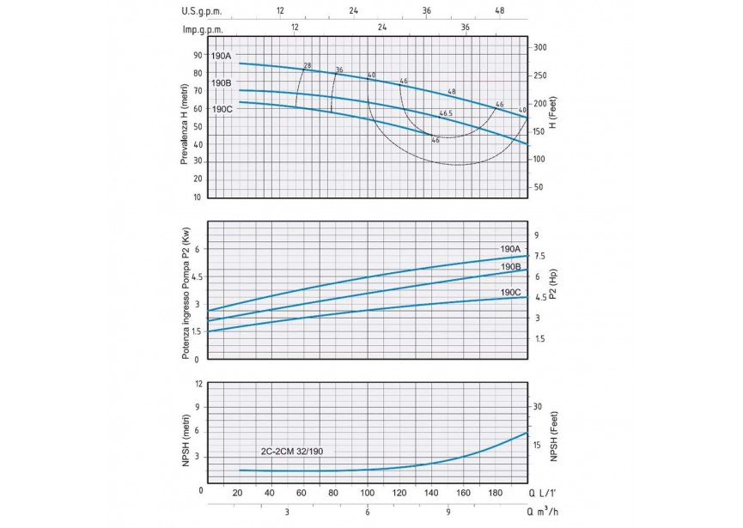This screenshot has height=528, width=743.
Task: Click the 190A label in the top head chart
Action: coord(221,57)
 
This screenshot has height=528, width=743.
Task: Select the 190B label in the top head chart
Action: coord(221,83)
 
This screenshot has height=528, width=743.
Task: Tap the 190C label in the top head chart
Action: coord(221,109)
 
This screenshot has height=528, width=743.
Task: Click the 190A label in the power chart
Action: coord(511,248)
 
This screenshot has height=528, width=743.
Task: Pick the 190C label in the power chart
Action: coord(511,292)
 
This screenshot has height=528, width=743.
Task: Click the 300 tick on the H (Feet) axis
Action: coord(540,47)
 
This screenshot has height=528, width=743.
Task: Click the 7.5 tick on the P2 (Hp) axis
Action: coord(541,256)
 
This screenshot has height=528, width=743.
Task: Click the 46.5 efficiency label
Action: coord(445,113)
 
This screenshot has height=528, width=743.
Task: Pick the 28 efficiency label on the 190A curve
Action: coord(307,66)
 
